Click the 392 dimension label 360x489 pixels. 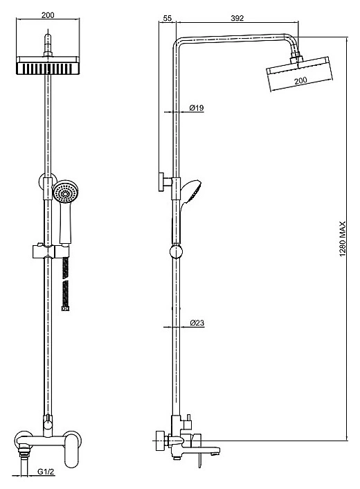237,18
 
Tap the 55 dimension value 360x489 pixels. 168,18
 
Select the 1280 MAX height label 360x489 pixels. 343,239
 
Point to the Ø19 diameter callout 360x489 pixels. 197,108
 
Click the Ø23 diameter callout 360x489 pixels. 197,323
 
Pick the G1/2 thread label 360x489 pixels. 46,472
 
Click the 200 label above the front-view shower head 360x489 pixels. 48,15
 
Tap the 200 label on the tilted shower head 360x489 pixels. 300,80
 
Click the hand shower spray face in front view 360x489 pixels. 65,193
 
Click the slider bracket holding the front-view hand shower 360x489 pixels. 51,251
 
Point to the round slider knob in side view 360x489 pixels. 176,251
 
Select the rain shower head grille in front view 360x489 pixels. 48,69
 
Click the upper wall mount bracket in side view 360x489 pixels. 165,181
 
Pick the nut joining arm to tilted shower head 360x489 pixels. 296,57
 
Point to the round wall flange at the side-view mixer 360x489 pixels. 160,441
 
